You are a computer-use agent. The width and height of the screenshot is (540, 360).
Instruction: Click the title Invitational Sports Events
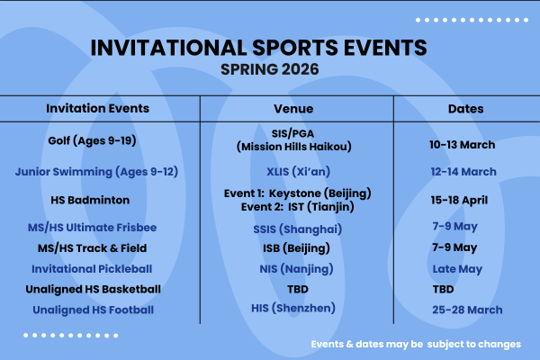pyautogui.click(x=271, y=46)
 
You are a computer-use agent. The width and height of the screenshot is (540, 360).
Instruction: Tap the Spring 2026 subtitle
pyautogui.click(x=271, y=67)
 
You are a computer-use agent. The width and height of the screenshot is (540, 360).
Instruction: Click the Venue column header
pyautogui.click(x=297, y=109)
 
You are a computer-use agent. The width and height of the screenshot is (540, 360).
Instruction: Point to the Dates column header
pyautogui.click(x=465, y=109)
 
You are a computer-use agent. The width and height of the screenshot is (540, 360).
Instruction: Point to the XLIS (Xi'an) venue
pyautogui.click(x=297, y=171)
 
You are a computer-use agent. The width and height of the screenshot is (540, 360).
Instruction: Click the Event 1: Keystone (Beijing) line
pyautogui.click(x=297, y=193)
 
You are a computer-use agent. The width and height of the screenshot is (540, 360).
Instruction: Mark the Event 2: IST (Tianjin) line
pyautogui.click(x=297, y=207)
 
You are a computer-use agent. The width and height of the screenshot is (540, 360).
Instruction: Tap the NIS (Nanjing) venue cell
pyautogui.click(x=297, y=268)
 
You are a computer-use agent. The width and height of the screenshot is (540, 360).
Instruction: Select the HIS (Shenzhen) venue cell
pyautogui.click(x=297, y=308)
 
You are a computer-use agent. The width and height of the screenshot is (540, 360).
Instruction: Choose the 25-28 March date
pyautogui.click(x=464, y=310)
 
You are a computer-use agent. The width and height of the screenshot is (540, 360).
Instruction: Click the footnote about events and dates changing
pyautogui.click(x=415, y=344)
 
